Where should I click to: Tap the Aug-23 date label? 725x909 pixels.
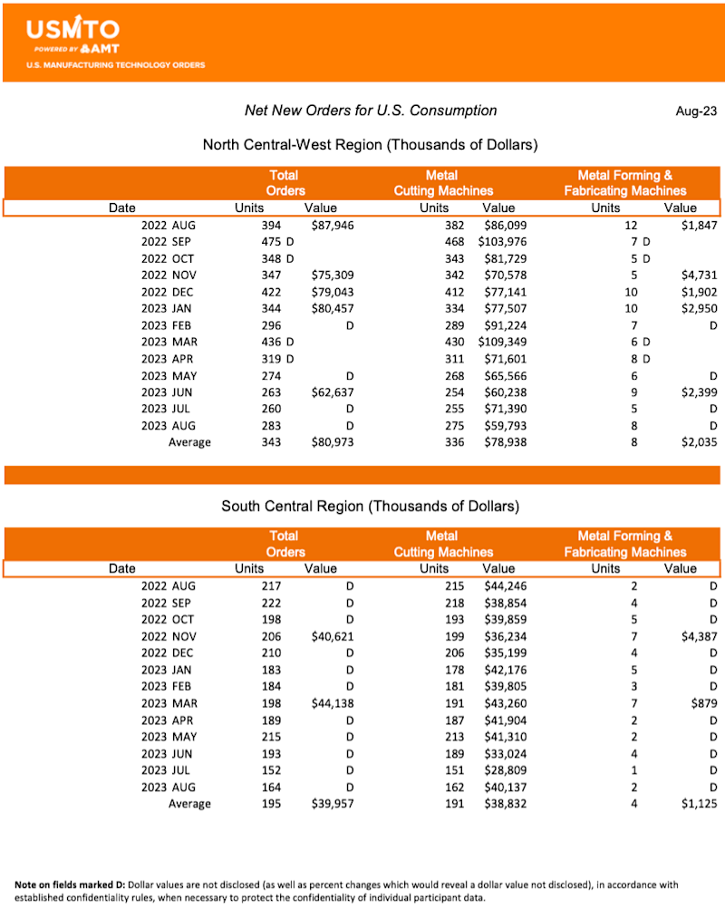696,111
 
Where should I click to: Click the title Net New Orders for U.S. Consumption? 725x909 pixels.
371,111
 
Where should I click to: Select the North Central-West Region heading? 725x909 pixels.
371,145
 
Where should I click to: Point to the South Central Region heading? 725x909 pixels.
371,506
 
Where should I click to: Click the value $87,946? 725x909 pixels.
332,226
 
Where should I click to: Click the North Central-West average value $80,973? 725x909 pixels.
332,442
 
